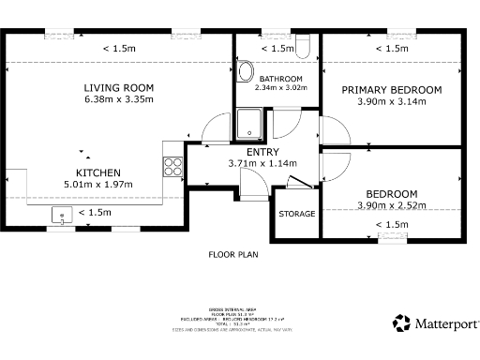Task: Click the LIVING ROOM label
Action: click(x=118, y=87)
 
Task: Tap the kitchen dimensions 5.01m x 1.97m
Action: click(x=97, y=185)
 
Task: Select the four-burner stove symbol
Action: click(x=172, y=166)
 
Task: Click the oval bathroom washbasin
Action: click(x=245, y=72)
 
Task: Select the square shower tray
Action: click(x=251, y=122)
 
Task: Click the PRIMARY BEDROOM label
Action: click(x=391, y=90)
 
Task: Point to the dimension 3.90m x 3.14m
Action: click(x=391, y=101)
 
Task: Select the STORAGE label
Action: click(x=296, y=214)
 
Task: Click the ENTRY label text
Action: click(x=262, y=152)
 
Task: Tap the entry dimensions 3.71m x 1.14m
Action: click(x=262, y=163)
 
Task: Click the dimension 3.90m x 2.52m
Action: click(x=391, y=205)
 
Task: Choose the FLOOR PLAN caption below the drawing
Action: click(x=233, y=253)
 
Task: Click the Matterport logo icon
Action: click(x=401, y=323)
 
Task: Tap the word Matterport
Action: click(x=444, y=323)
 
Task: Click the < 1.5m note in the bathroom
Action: click(x=277, y=49)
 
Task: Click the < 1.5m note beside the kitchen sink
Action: click(x=95, y=213)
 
